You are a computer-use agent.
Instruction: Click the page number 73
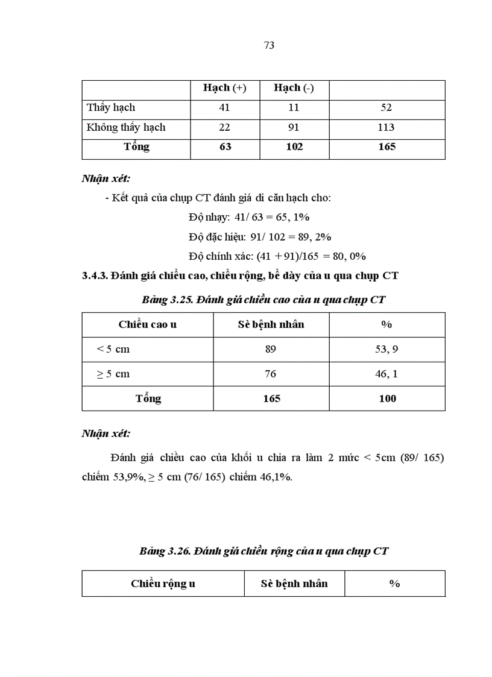pos(270,45)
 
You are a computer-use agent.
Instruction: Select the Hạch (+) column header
pos(225,88)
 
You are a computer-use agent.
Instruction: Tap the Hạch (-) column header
pos(294,88)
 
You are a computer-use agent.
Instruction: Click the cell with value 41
pos(225,108)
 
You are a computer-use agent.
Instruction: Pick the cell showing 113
pos(386,127)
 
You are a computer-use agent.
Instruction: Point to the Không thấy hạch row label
pos(126,127)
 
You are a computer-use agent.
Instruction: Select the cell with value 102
pos(294,147)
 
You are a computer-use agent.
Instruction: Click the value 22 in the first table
pos(225,127)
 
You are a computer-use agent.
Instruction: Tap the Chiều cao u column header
pos(148,324)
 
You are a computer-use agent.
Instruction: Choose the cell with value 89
pos(271,349)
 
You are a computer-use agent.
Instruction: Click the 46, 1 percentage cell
pos(386,374)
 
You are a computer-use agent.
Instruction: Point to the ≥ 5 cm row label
pos(113,374)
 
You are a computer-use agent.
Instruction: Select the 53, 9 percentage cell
pos(386,349)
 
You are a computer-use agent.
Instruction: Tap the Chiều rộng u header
pos(163,584)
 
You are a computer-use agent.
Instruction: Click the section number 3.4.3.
pos(94,276)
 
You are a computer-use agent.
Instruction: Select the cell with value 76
pos(271,374)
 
